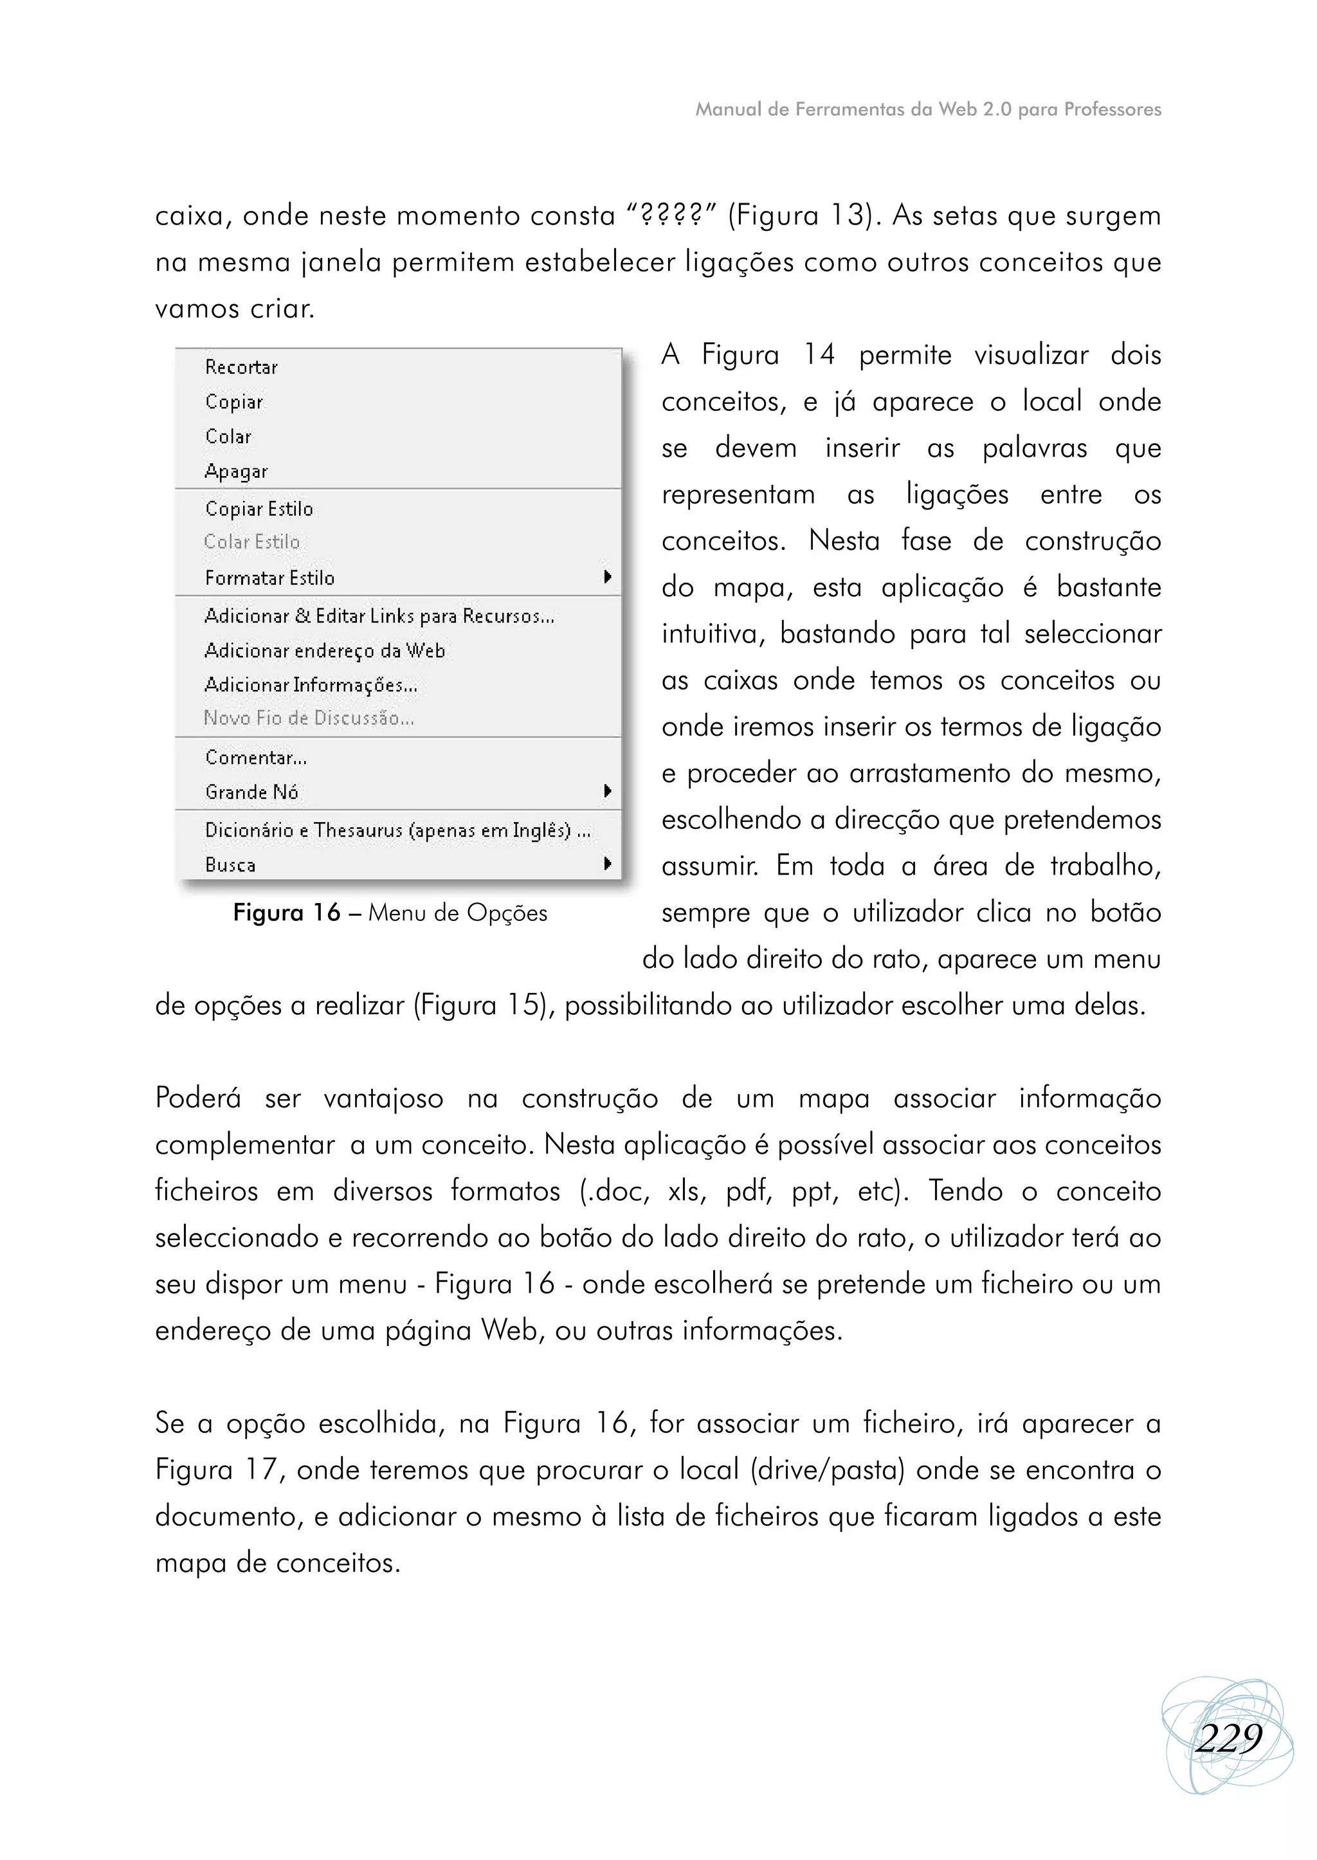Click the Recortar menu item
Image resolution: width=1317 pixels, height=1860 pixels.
[x=241, y=367]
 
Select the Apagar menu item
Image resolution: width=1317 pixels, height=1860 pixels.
[x=236, y=471]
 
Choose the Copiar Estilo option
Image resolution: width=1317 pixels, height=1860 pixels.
[x=259, y=509]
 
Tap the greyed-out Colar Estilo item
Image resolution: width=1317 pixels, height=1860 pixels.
[x=251, y=542]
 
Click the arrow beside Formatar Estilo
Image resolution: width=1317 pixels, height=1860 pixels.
[x=606, y=577]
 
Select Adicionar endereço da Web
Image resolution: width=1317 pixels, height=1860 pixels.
[x=324, y=651]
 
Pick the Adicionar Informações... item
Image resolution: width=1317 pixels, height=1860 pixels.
[x=311, y=686]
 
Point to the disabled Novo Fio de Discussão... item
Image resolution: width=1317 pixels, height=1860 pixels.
[x=308, y=718]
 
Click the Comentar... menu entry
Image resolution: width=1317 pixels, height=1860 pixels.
[x=255, y=758]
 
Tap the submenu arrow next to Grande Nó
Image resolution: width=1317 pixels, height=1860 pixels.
[x=606, y=791]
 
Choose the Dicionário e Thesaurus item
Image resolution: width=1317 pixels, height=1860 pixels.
[x=397, y=830]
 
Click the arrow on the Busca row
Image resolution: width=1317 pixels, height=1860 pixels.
[x=606, y=864]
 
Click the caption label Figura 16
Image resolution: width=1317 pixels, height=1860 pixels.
[x=286, y=913]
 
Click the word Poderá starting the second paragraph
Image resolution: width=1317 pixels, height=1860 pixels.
[x=198, y=1099]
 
